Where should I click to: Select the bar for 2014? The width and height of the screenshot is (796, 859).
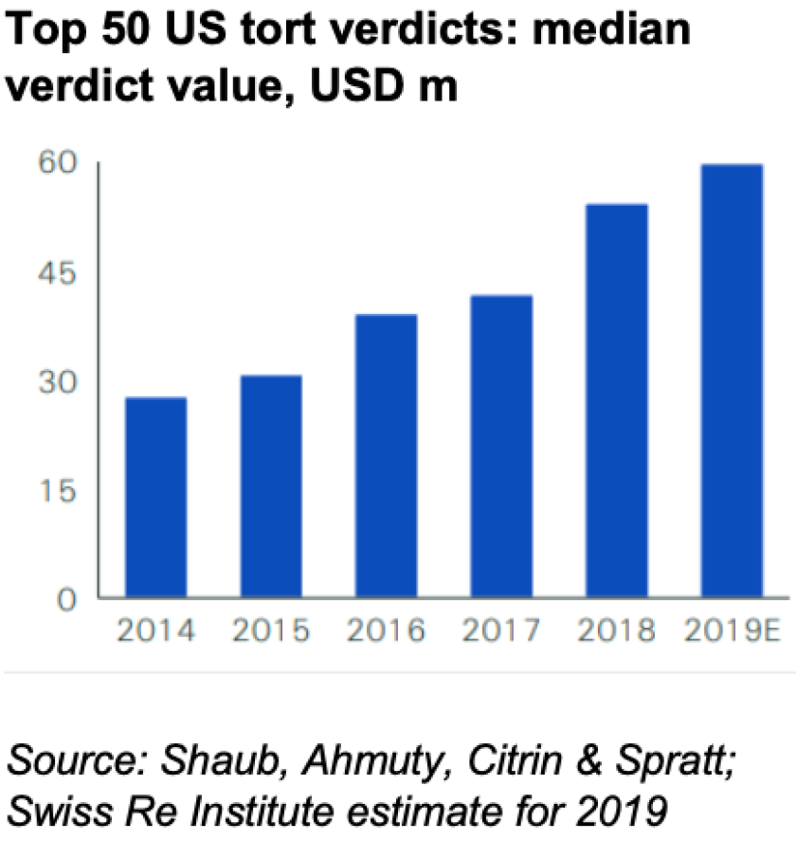click(x=155, y=498)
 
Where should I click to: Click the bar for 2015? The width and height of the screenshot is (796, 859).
click(x=271, y=486)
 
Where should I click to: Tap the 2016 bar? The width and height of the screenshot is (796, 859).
click(x=386, y=456)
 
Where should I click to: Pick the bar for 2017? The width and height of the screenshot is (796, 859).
click(x=501, y=447)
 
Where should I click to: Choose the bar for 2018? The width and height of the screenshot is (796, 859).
click(x=617, y=401)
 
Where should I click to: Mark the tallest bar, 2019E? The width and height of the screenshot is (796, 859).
click(x=732, y=381)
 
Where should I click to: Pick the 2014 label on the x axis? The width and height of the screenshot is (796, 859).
click(x=155, y=631)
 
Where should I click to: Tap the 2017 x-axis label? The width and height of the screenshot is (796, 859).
click(x=501, y=631)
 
